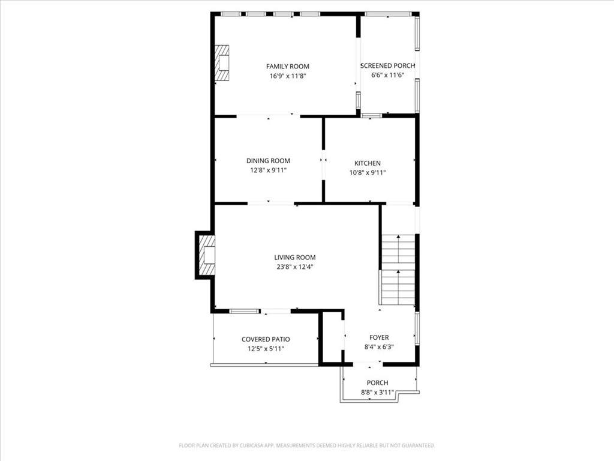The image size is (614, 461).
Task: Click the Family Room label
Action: click(x=287, y=67)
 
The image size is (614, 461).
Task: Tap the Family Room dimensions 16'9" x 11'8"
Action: click(x=287, y=76)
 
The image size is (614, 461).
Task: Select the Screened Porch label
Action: click(x=388, y=66)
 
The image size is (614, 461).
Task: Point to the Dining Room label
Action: click(x=268, y=161)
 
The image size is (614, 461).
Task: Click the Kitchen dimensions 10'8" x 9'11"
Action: click(x=368, y=172)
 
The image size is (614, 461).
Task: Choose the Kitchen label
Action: click(x=368, y=163)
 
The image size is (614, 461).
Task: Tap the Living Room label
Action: click(x=295, y=258)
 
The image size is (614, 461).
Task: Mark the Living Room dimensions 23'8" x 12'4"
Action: click(x=295, y=267)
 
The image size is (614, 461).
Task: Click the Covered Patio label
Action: click(x=266, y=340)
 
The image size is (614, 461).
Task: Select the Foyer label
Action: click(x=379, y=337)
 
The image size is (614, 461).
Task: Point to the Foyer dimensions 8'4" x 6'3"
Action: click(x=379, y=347)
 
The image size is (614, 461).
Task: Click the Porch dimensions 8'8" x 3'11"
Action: click(x=378, y=393)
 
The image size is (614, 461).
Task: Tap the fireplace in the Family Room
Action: click(x=222, y=62)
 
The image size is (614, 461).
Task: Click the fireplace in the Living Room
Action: click(x=207, y=255)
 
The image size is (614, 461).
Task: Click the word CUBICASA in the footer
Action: click(x=252, y=446)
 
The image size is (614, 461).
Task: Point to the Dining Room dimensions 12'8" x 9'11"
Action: click(x=268, y=170)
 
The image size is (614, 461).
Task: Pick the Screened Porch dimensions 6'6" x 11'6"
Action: click(x=388, y=75)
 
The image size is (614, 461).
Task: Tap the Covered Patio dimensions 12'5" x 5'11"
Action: click(x=266, y=349)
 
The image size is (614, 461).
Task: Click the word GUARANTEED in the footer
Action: click(x=419, y=446)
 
